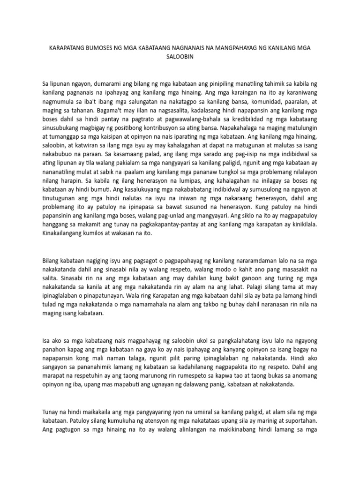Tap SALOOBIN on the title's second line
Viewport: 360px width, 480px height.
(180, 57)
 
